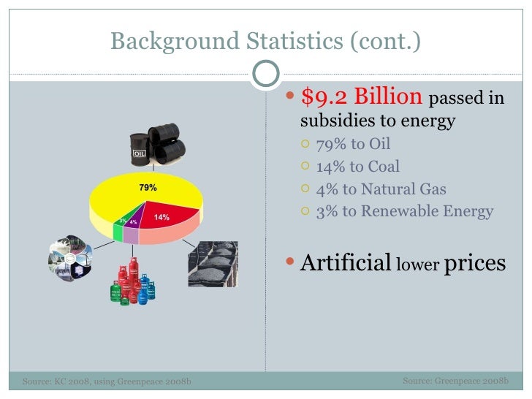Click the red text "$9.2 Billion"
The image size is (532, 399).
point(361,97)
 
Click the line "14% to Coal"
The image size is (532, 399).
point(357,166)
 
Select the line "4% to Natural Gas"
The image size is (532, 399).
point(381,189)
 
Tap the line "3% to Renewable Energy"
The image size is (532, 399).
point(404,212)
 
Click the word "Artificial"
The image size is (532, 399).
point(346,262)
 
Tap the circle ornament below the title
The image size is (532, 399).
point(266,73)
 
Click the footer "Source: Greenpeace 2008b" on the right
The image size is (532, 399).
point(455,381)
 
